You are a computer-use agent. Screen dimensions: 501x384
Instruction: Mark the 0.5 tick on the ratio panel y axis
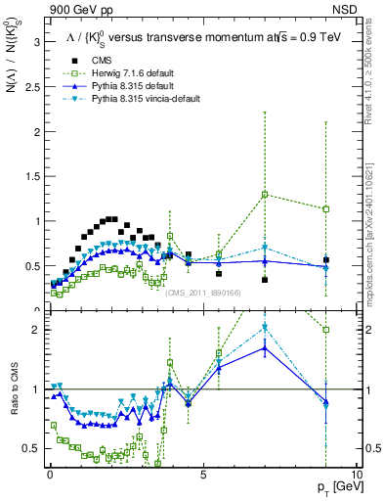29,448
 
